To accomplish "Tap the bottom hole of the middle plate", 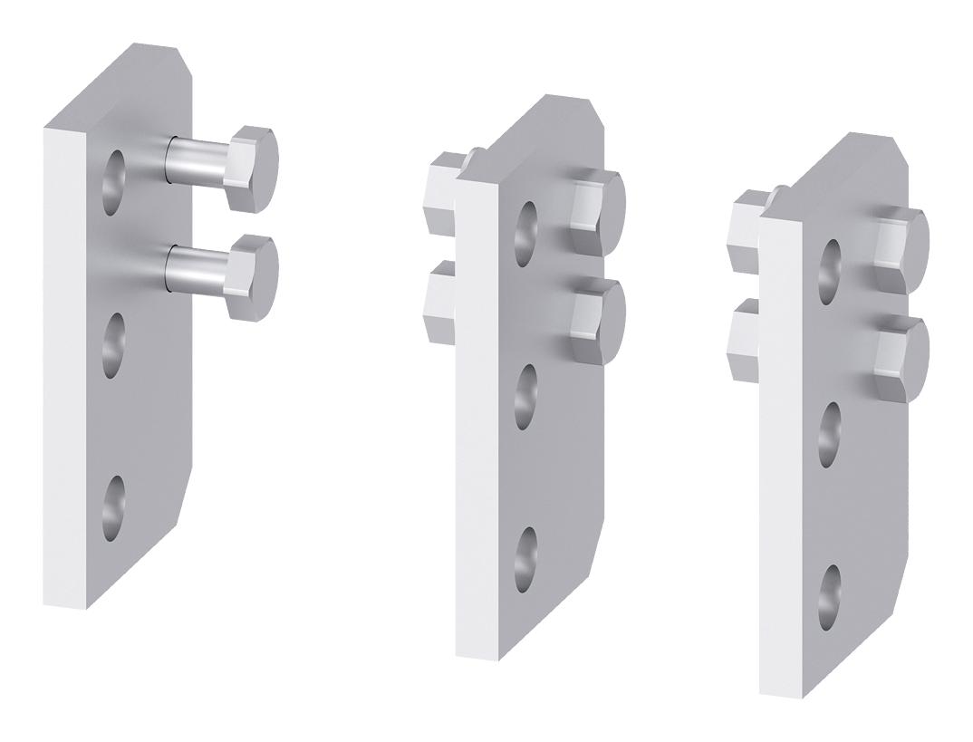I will point(526,558).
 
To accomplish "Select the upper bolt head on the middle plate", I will point(600,204).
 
